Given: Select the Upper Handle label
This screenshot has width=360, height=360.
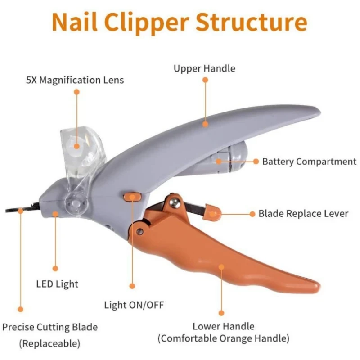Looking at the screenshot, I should click(204, 69).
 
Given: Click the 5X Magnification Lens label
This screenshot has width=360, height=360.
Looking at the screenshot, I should click(75, 81).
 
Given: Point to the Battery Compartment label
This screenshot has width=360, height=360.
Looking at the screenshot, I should click(309, 162).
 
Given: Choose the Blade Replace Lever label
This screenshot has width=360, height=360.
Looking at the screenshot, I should click(303, 214).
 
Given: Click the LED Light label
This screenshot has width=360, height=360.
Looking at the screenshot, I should click(57, 284).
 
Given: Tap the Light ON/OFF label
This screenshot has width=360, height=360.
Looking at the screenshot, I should click(134, 305).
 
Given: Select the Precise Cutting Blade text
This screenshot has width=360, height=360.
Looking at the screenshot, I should click(50, 327).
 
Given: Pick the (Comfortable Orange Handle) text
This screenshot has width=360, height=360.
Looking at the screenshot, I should click(223, 338).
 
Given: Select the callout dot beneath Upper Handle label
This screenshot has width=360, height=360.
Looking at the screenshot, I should click(205, 80).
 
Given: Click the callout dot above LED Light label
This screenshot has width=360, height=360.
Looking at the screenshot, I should click(55, 268).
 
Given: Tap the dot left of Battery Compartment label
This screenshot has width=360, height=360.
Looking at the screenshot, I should click(256, 161).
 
